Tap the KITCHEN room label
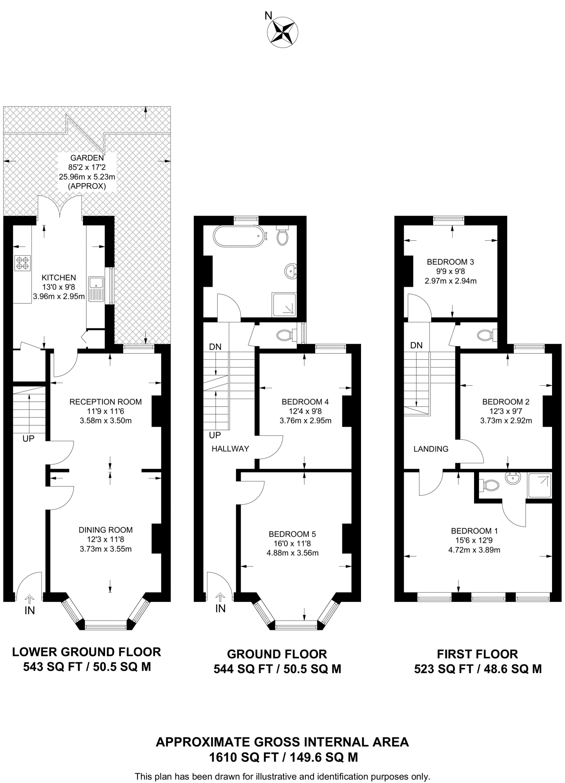click(x=59, y=278)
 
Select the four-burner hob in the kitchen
click(x=22, y=263)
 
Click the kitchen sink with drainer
click(x=96, y=289)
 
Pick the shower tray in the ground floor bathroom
click(x=284, y=305)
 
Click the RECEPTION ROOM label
click(x=105, y=402)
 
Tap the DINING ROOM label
click(x=105, y=530)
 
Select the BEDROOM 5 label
click(x=292, y=534)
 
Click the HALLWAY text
click(x=230, y=449)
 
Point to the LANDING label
click(x=431, y=449)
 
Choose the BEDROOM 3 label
click(x=450, y=262)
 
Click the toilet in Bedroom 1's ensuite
click(x=491, y=486)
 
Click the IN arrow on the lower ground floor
click(x=29, y=599)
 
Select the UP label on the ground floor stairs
click(x=215, y=435)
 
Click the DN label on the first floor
click(x=416, y=346)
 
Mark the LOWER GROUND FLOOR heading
click(x=87, y=652)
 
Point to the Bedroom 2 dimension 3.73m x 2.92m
click(x=506, y=421)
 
